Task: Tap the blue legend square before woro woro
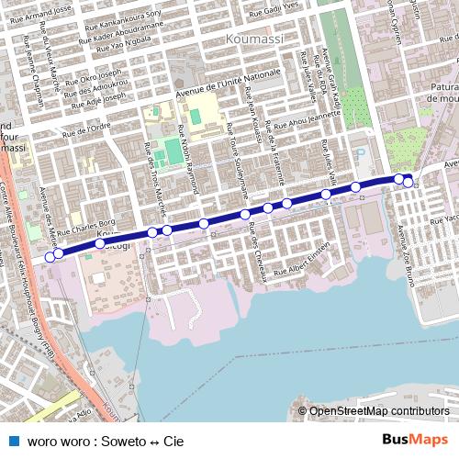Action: click(14, 441)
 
